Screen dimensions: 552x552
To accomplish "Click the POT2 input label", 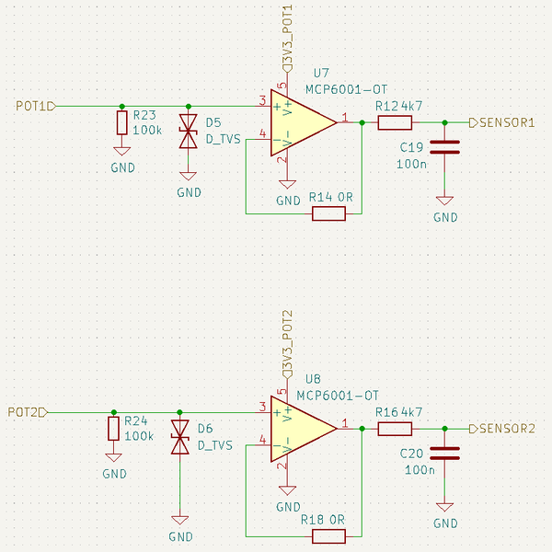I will click(x=25, y=411).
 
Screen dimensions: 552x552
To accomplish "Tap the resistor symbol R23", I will click(x=121, y=123).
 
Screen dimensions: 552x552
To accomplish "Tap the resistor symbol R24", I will click(x=113, y=429).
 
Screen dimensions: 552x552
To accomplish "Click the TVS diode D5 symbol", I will click(x=189, y=132).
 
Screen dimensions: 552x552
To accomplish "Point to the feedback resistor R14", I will click(x=328, y=213).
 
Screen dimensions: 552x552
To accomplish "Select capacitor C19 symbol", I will click(x=445, y=147).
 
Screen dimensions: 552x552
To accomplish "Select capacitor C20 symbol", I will click(x=445, y=453).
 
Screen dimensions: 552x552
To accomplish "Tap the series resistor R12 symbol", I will click(x=395, y=122).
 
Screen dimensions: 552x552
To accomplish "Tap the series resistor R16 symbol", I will click(x=395, y=429).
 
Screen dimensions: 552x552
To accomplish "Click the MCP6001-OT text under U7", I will click(x=347, y=89).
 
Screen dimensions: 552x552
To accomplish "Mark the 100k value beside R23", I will click(x=147, y=131).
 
